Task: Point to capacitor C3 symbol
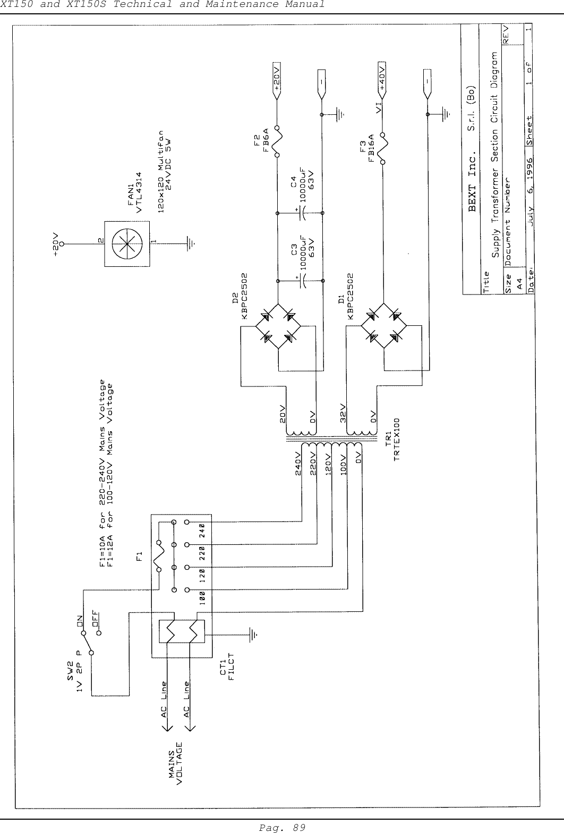(x=303, y=280)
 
